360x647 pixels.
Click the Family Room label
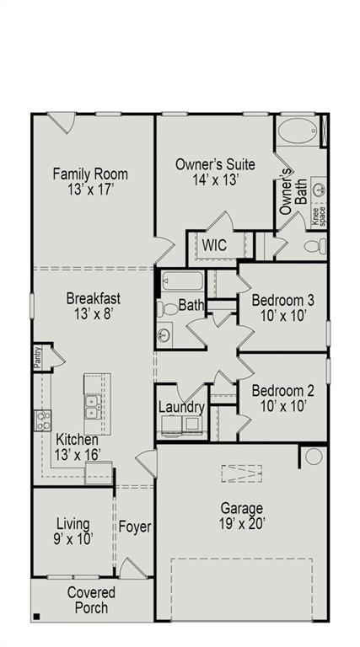90,174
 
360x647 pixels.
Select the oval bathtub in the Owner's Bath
297,133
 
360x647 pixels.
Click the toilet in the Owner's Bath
313,246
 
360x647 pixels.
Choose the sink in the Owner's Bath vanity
319,189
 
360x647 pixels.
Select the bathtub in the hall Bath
180,281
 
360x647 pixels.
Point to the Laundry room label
181,408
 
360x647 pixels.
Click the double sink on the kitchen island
94,409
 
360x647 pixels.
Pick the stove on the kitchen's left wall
42,420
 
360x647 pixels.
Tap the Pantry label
37,357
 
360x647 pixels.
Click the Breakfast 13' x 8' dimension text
94,313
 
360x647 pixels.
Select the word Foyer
134,527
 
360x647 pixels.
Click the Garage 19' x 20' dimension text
242,523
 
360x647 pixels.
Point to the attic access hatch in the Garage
240,474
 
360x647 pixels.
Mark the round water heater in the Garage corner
314,457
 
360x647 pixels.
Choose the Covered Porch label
91,599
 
